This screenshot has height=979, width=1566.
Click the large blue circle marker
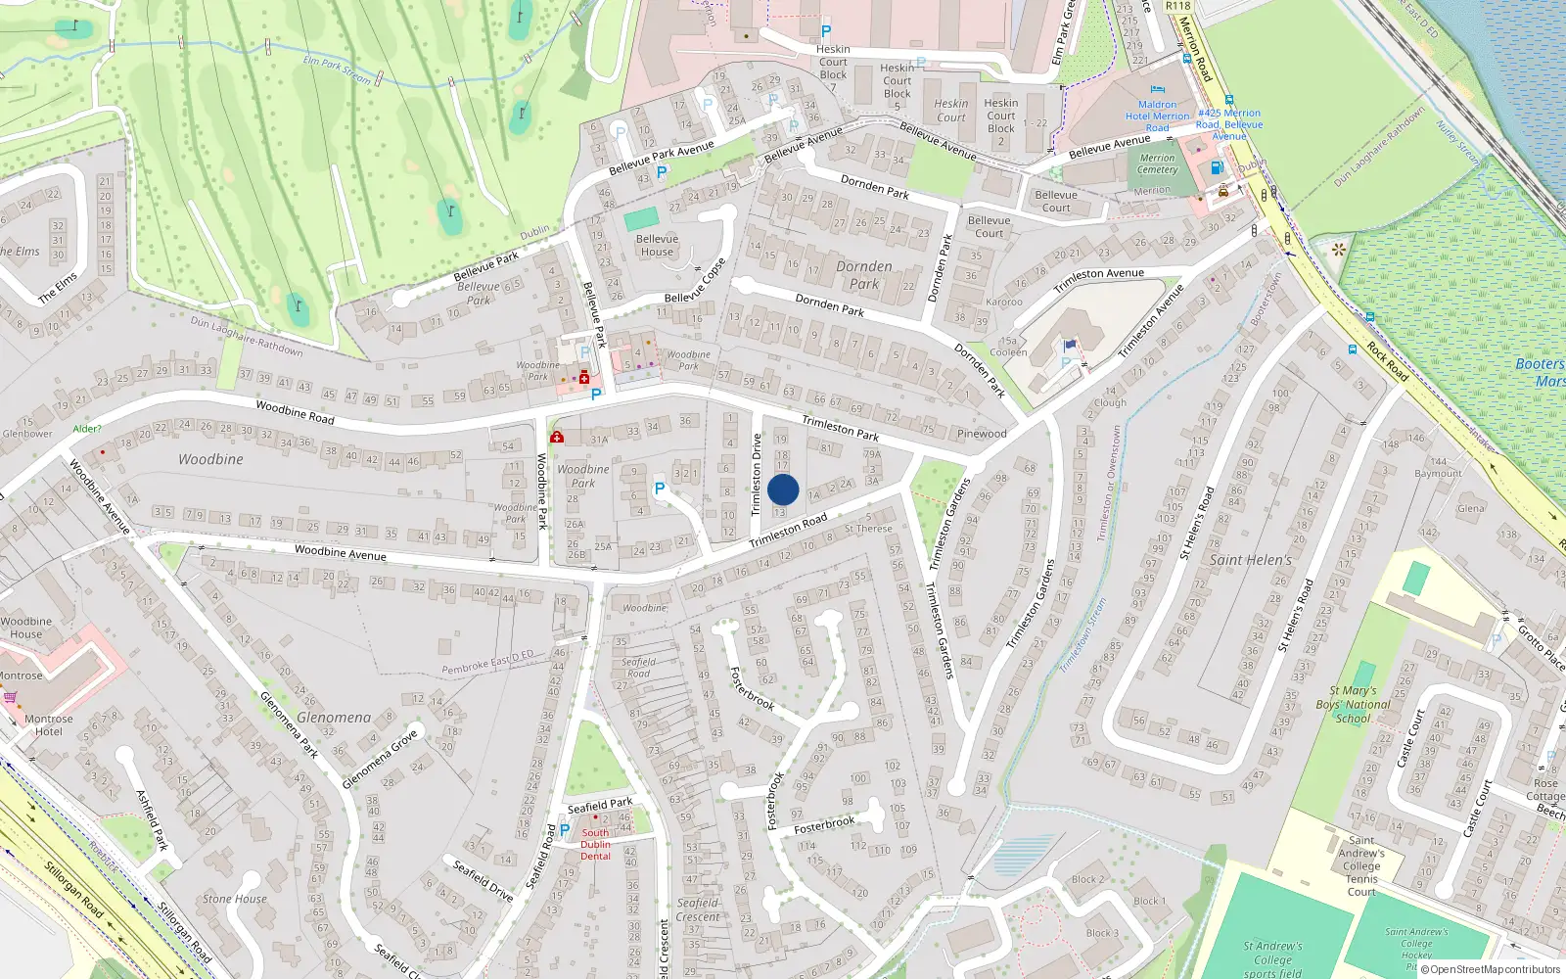point(783,489)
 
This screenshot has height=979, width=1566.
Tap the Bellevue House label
point(657,245)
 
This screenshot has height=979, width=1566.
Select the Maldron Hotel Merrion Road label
point(1158,116)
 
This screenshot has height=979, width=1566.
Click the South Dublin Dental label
point(595,845)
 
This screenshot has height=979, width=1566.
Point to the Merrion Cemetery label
point(1157,163)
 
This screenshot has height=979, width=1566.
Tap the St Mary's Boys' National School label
point(1353,704)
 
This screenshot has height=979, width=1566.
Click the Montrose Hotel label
point(48,725)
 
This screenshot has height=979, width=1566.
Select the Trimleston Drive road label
point(756,475)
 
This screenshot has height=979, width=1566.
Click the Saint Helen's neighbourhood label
point(1251,560)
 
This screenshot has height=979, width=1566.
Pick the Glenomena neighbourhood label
point(334,718)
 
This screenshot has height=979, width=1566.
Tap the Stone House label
point(235,899)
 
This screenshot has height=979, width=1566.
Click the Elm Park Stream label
point(337,69)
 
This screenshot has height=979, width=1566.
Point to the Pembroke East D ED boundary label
point(487,663)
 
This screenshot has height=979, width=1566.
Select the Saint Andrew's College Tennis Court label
point(1361,865)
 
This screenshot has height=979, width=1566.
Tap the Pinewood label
point(982,434)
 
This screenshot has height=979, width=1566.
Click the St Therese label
point(868,529)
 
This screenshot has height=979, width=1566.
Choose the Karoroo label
point(1004,303)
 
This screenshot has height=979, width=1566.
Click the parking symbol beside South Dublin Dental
point(565,830)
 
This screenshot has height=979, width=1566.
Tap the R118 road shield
point(1177,6)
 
